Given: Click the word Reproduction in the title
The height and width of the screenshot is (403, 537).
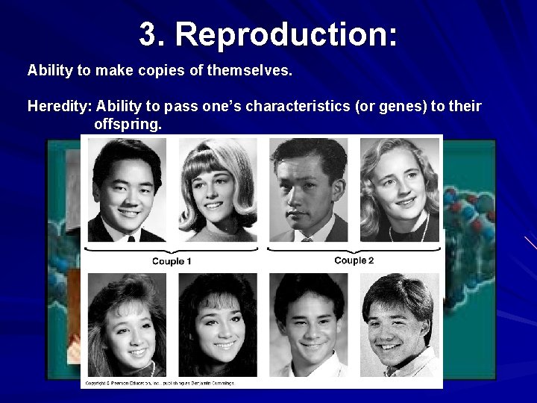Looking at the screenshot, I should point(286,34).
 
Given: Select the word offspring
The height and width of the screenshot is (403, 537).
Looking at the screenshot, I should point(128,124).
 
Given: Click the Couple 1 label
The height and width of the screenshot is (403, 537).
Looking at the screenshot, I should point(172,261).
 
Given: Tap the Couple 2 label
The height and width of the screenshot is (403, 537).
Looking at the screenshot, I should point(354,260).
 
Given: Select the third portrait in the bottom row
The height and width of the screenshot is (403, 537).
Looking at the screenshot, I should point(309,325).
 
